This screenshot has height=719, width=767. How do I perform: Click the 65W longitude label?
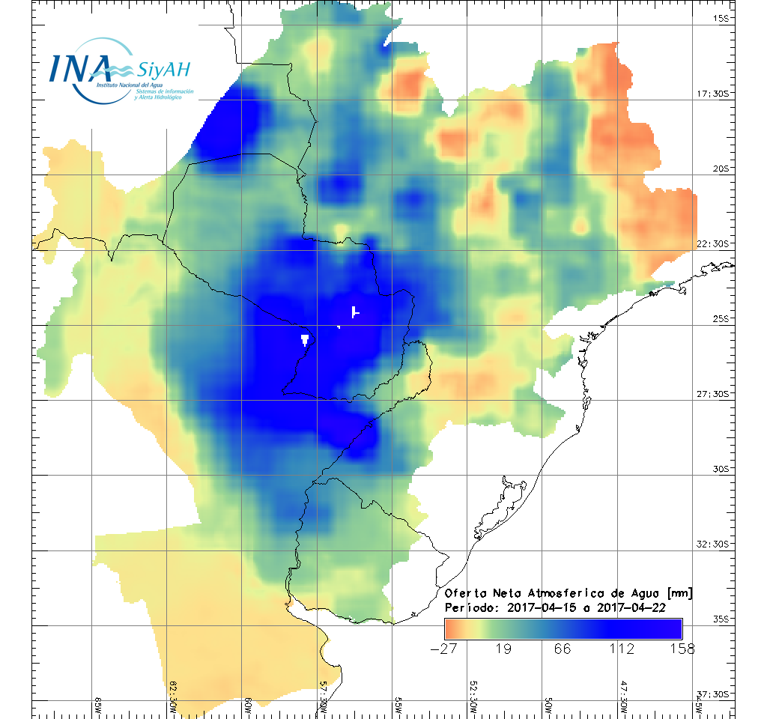click(99, 706)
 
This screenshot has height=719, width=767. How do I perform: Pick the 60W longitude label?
click(249, 706)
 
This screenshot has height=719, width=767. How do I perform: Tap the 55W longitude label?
click(398, 706)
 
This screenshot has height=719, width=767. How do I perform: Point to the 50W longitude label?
click(549, 706)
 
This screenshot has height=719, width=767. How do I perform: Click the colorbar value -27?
click(444, 649)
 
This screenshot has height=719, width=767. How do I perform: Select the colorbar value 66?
click(563, 649)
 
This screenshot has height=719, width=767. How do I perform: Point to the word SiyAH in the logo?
click(163, 70)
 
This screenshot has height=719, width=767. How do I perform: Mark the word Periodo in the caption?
click(470, 607)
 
